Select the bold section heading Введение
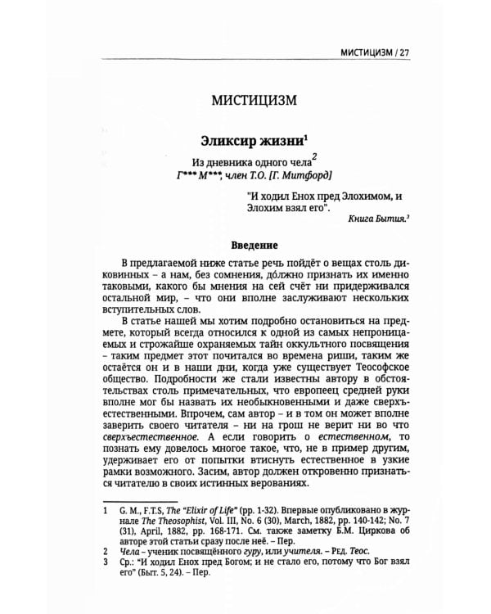point(246,245)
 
